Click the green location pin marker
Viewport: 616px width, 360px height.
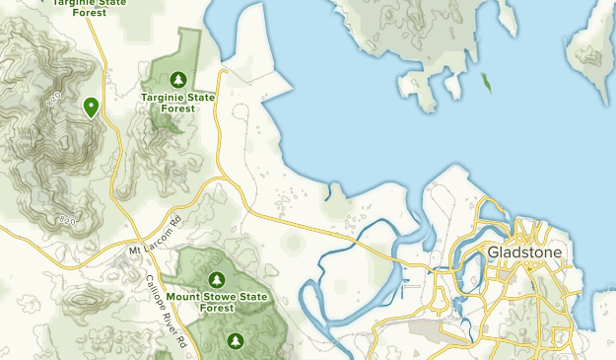[x=91, y=107]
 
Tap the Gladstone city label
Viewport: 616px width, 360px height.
[x=524, y=253]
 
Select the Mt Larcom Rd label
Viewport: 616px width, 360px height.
[x=156, y=233]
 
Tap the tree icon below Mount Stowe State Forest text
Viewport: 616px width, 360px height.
[x=235, y=340]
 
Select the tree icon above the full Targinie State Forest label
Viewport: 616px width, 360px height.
[x=177, y=79]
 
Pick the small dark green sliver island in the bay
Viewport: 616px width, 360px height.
[x=487, y=84]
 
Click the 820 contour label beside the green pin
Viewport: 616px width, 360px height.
[x=55, y=99]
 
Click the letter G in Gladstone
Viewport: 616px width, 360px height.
[x=493, y=253]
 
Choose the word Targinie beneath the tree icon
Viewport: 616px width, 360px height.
[x=161, y=97]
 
